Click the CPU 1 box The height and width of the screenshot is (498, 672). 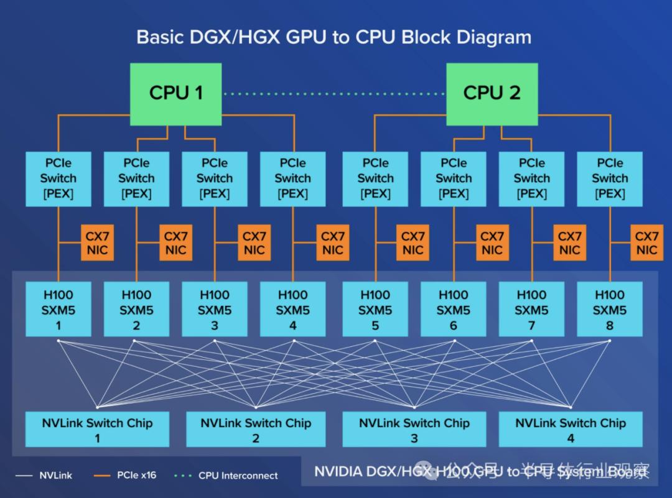click(176, 93)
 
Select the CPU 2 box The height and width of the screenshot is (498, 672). click(492, 93)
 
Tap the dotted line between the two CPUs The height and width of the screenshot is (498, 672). click(334, 94)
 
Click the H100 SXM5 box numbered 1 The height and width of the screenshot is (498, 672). click(58, 309)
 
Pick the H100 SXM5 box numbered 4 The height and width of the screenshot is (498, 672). click(292, 309)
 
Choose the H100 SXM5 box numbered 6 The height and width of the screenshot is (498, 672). click(453, 309)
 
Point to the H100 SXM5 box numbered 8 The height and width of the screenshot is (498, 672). click(609, 309)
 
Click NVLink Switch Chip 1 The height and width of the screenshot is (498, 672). click(97, 430)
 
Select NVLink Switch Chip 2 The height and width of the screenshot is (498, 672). click(256, 430)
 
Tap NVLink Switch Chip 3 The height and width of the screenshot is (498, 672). click(414, 430)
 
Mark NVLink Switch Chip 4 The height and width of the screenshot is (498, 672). click(571, 430)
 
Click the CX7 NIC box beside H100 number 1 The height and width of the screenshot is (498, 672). click(97, 243)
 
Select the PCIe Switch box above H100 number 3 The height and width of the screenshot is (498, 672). click(215, 178)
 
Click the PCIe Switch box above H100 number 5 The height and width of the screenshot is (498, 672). click(375, 178)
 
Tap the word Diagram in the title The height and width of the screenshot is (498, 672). click(493, 37)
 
